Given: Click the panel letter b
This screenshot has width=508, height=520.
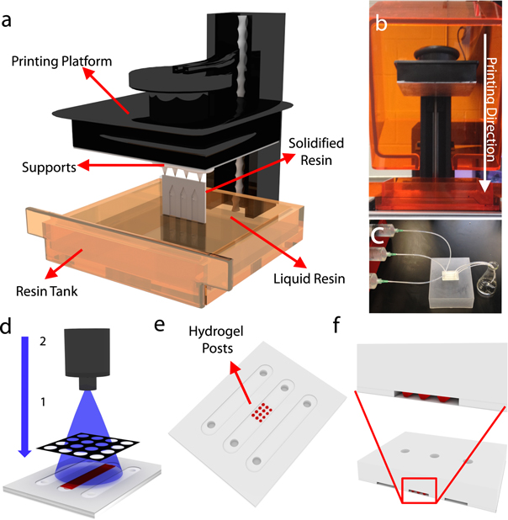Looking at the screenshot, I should (380, 24).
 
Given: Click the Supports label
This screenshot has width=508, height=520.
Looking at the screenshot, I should (47, 167).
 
